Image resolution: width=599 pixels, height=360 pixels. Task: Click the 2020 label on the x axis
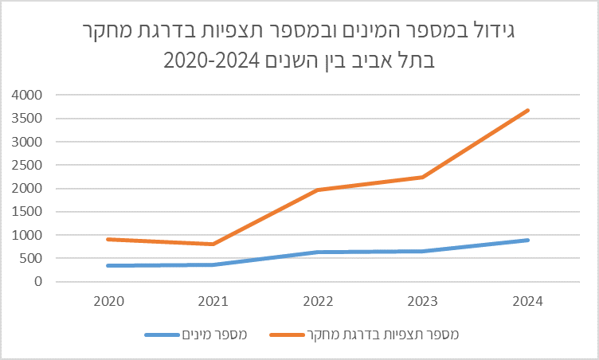point(108,301)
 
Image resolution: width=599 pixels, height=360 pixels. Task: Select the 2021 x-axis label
point(213,301)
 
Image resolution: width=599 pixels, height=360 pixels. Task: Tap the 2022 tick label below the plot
point(318,301)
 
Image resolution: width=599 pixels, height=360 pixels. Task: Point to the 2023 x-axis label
point(423,301)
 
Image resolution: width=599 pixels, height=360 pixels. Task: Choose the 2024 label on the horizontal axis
point(528,301)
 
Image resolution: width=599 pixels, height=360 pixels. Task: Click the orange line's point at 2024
point(528,110)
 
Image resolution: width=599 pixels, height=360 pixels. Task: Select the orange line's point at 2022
point(318,190)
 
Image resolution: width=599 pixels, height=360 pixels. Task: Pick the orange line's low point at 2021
point(213,244)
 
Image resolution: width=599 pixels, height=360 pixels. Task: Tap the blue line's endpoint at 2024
point(528,240)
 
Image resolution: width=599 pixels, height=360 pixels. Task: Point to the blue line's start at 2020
point(108,265)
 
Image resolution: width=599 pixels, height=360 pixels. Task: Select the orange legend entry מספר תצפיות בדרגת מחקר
point(382,335)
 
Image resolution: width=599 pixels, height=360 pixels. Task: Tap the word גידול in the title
point(498,34)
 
